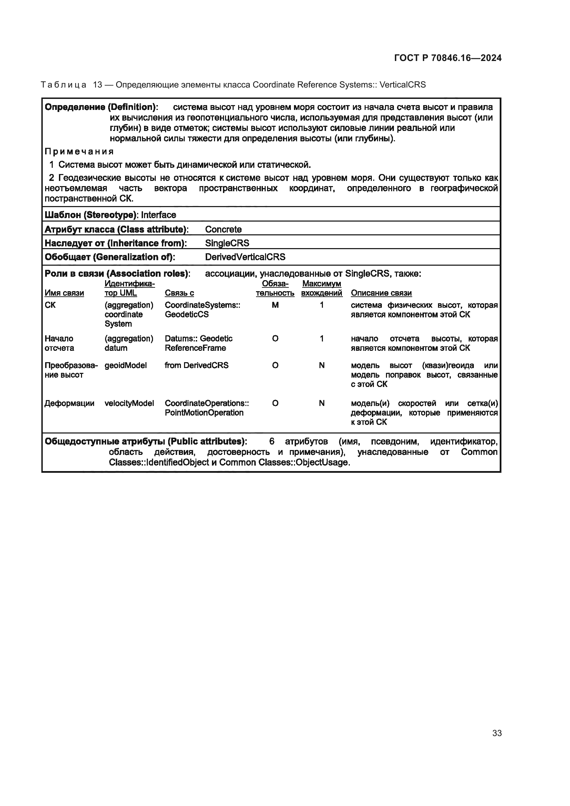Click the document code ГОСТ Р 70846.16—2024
(x=448, y=58)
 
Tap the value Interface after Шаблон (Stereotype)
(x=159, y=215)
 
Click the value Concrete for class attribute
(x=223, y=229)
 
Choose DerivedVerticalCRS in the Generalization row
(x=245, y=257)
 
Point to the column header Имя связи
(x=64, y=293)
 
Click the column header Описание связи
(x=381, y=293)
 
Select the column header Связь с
(x=179, y=293)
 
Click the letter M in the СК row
(x=275, y=305)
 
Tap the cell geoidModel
(x=126, y=365)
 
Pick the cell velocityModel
(x=129, y=403)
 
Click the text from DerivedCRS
(x=196, y=365)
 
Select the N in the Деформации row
(x=322, y=403)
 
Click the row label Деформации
(x=70, y=403)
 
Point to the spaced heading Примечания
(x=79, y=152)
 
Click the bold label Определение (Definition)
(x=101, y=107)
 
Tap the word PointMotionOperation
(x=204, y=412)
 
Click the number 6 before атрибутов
(x=272, y=441)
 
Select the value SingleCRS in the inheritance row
(x=227, y=243)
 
